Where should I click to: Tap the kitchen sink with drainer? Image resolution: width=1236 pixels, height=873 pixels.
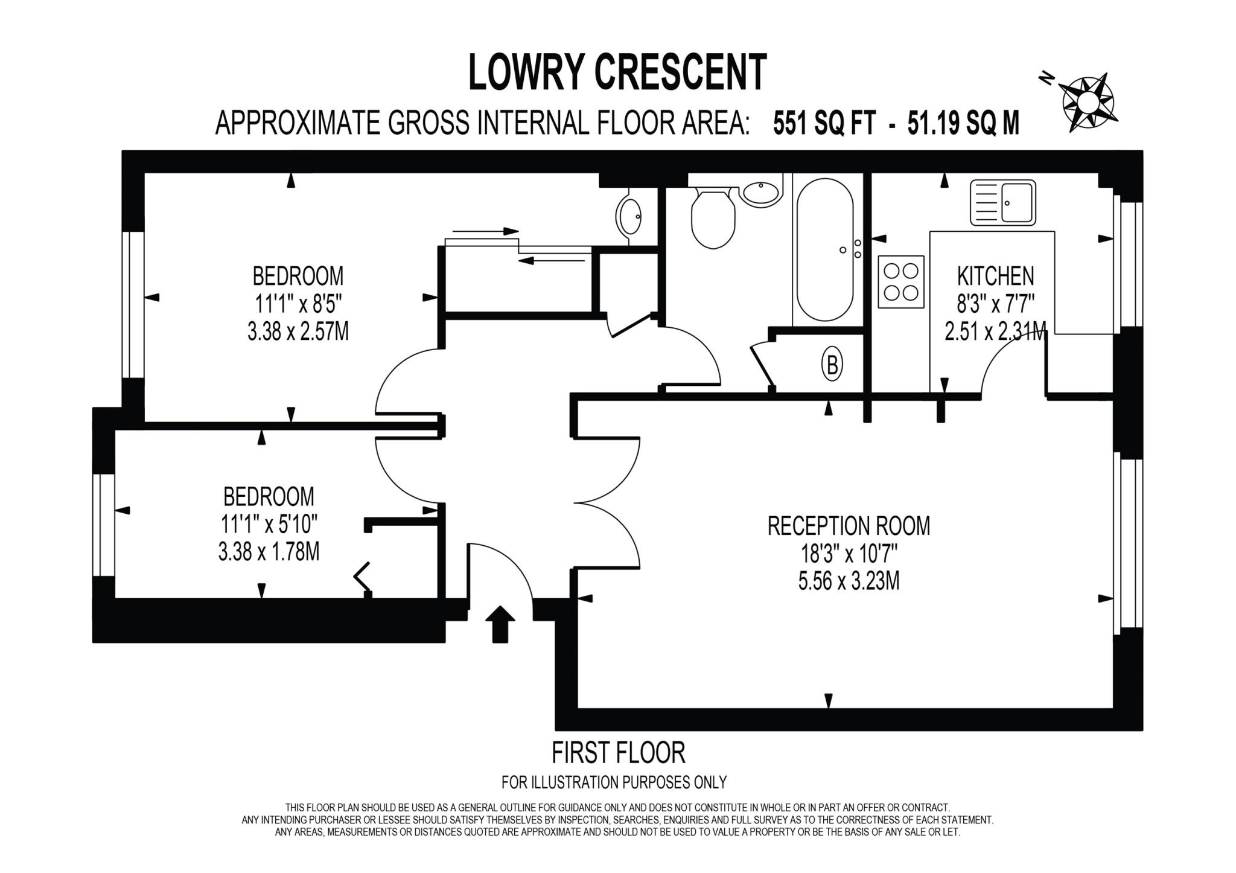point(1002,203)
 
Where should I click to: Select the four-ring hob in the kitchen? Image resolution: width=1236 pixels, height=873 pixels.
point(900,281)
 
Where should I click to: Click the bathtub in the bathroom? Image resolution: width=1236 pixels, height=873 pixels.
point(824,249)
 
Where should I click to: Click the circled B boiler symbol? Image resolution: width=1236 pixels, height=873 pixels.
point(832,365)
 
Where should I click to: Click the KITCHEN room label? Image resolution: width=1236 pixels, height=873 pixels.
point(995,276)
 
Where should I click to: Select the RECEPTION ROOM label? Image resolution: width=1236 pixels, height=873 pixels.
point(849,525)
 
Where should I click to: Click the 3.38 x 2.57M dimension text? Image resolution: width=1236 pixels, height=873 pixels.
point(298,331)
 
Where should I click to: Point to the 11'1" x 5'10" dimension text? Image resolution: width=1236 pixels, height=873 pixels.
point(269,523)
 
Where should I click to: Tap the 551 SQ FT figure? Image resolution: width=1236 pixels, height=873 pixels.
point(824,124)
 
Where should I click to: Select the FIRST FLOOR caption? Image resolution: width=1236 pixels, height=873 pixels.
point(618,753)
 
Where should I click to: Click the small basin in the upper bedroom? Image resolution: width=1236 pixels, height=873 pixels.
point(629,216)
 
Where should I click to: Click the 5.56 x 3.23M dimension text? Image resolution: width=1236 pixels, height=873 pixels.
point(849,581)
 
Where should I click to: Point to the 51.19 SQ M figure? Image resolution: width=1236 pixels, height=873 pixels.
point(963,124)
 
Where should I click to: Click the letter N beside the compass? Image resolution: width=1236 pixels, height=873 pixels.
point(1046,78)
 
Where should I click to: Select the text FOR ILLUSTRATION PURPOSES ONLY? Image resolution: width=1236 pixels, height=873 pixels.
point(614,782)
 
